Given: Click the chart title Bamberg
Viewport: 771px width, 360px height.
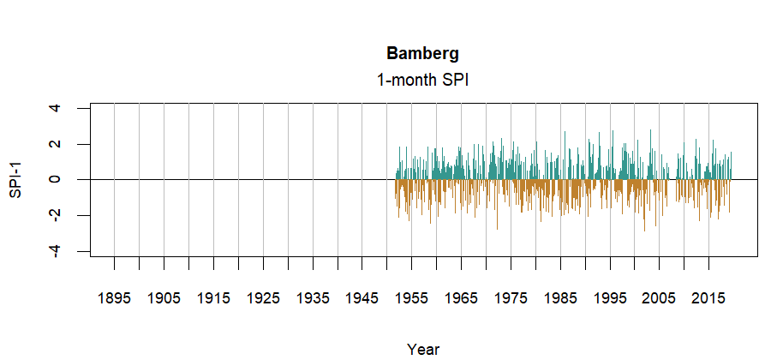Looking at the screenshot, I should point(422,54).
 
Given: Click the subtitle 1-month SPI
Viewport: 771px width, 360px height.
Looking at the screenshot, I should point(422,81).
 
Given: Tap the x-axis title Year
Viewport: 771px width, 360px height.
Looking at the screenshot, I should point(423,349).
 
